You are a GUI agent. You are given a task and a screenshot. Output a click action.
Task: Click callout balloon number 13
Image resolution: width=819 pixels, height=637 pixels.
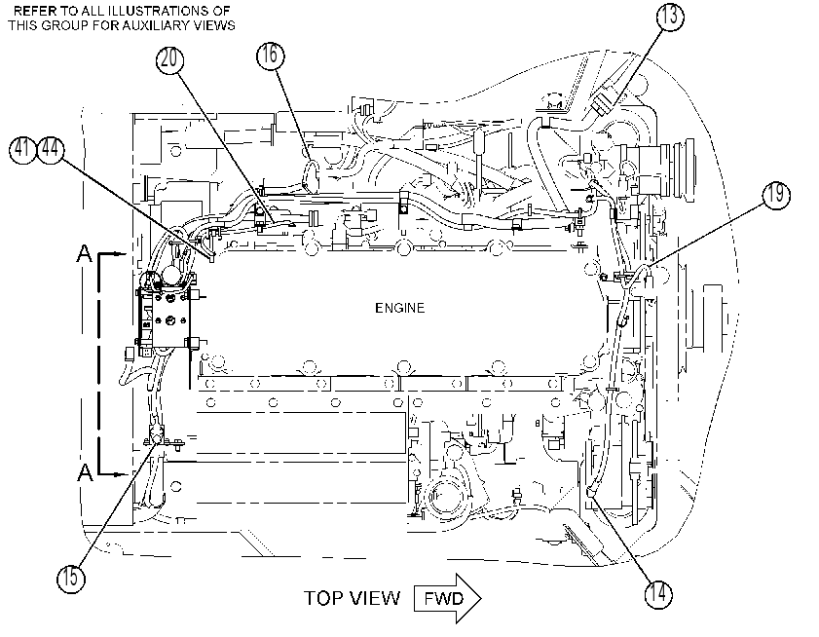coord(670,17)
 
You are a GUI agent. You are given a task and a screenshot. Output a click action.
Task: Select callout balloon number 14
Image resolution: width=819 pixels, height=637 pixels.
coord(658,594)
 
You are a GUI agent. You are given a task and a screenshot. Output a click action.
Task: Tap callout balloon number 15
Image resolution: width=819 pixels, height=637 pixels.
coord(70,578)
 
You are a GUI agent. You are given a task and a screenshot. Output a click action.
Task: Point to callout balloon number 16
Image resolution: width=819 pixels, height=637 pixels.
coord(271,55)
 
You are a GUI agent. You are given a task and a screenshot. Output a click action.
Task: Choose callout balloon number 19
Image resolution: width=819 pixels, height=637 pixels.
coord(776,196)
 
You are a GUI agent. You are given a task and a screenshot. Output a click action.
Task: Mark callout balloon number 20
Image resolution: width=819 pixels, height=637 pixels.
coord(170,59)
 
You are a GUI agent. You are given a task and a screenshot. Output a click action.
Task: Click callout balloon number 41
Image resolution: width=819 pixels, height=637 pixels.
coord(23,149)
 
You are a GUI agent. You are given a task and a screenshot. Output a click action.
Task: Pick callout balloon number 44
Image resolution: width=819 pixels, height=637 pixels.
coord(51,149)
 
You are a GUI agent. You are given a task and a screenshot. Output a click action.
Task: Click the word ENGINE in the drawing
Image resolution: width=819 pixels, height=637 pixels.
coord(399,308)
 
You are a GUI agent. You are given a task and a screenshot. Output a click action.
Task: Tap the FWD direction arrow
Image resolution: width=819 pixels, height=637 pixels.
coord(447,598)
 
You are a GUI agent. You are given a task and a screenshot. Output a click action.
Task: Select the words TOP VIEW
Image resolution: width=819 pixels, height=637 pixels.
coord(353,598)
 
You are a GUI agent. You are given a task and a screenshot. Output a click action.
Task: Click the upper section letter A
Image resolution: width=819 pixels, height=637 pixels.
coord(85,253)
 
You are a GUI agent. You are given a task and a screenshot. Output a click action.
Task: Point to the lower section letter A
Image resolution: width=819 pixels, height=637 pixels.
coord(85,471)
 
